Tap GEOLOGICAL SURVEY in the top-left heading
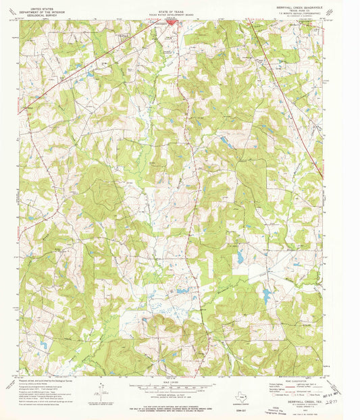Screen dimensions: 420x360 pyautogui.click(x=38, y=13)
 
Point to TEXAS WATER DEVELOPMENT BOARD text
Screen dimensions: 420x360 pyautogui.click(x=171, y=13)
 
